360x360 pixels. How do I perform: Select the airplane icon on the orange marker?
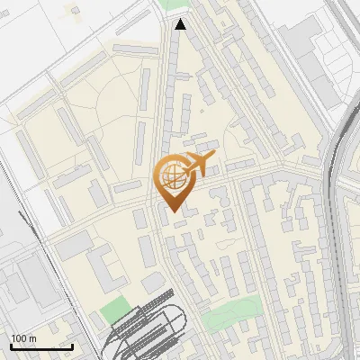coord(197,166)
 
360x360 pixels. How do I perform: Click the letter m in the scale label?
coord(33,338)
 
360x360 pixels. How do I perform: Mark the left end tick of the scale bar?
coord(10,346)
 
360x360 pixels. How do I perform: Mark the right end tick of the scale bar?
coord(73,346)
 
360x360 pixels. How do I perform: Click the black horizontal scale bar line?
coord(41,346)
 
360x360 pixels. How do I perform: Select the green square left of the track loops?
coord(113,310)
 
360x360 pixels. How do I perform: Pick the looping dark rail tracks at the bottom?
coord(148,333)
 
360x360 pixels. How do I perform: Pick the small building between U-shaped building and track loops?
coord(154,283)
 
